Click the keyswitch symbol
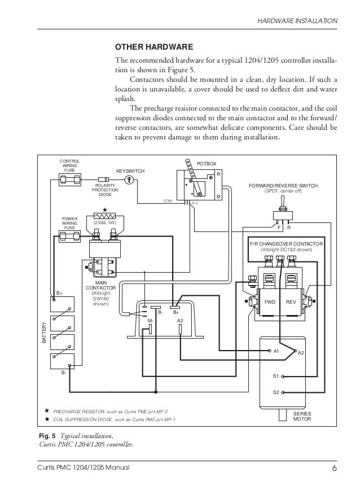click(x=129, y=180)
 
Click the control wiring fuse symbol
click(x=70, y=180)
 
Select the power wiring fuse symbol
click(x=70, y=236)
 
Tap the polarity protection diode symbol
click(x=104, y=180)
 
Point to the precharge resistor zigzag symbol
click(x=104, y=216)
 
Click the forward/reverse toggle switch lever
click(x=282, y=203)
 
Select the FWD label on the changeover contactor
click(x=270, y=302)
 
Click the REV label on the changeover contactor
click(x=291, y=302)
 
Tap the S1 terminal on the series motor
click(x=283, y=377)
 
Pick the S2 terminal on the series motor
click(x=283, y=392)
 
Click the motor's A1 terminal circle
click(x=270, y=351)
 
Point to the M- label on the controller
click(x=151, y=321)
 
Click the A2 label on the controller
click(x=180, y=321)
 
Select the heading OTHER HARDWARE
click(x=154, y=47)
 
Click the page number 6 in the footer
click(x=335, y=468)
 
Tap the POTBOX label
click(x=207, y=164)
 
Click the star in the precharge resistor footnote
click(x=47, y=410)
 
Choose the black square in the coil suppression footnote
click(x=47, y=419)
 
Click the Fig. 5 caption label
click(x=47, y=436)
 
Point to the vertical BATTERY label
click(x=44, y=333)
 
